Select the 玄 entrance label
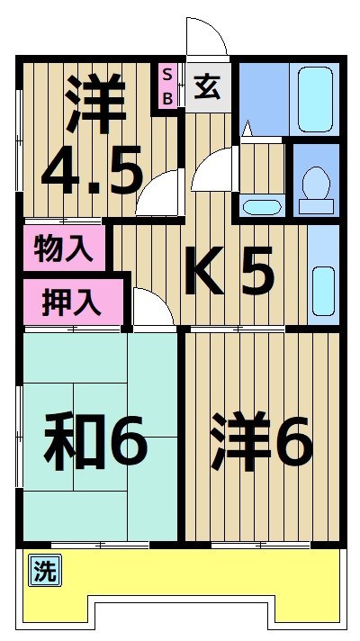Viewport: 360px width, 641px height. click(x=208, y=87)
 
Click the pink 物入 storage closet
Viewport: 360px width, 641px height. click(x=63, y=248)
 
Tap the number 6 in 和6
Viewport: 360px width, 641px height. click(x=126, y=441)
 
